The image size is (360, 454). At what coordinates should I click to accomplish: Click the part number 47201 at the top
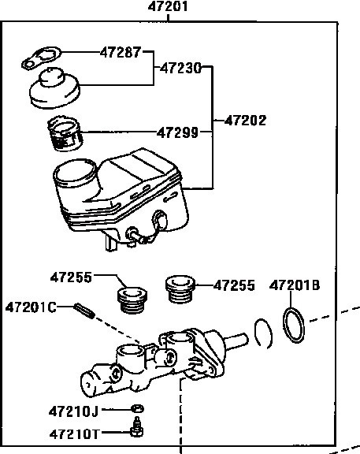tap(168, 6)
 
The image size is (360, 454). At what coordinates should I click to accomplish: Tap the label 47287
tap(121, 52)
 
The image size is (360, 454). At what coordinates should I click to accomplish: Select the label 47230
tap(180, 69)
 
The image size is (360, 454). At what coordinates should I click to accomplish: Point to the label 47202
tap(245, 121)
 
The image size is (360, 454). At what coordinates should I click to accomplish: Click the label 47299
tap(178, 133)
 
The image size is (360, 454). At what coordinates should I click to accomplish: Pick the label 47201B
tap(295, 285)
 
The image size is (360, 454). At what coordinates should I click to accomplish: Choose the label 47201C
tap(31, 307)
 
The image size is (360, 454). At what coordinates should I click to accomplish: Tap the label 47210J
tap(73, 411)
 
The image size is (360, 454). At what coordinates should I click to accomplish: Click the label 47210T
tap(74, 434)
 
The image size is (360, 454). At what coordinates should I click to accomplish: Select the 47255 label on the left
tap(71, 277)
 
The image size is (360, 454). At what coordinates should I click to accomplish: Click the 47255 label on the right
tap(234, 285)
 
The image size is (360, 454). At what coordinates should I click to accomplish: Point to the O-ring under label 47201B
tap(294, 325)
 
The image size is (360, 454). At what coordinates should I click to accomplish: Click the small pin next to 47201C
tap(84, 311)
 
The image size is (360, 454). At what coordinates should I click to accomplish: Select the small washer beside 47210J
tap(137, 408)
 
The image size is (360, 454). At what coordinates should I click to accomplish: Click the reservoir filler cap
tap(54, 88)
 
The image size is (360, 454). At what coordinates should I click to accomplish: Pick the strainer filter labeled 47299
tap(65, 133)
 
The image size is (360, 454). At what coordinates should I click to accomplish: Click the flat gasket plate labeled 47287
tap(42, 58)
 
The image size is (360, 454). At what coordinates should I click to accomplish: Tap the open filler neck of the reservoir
tap(76, 173)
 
